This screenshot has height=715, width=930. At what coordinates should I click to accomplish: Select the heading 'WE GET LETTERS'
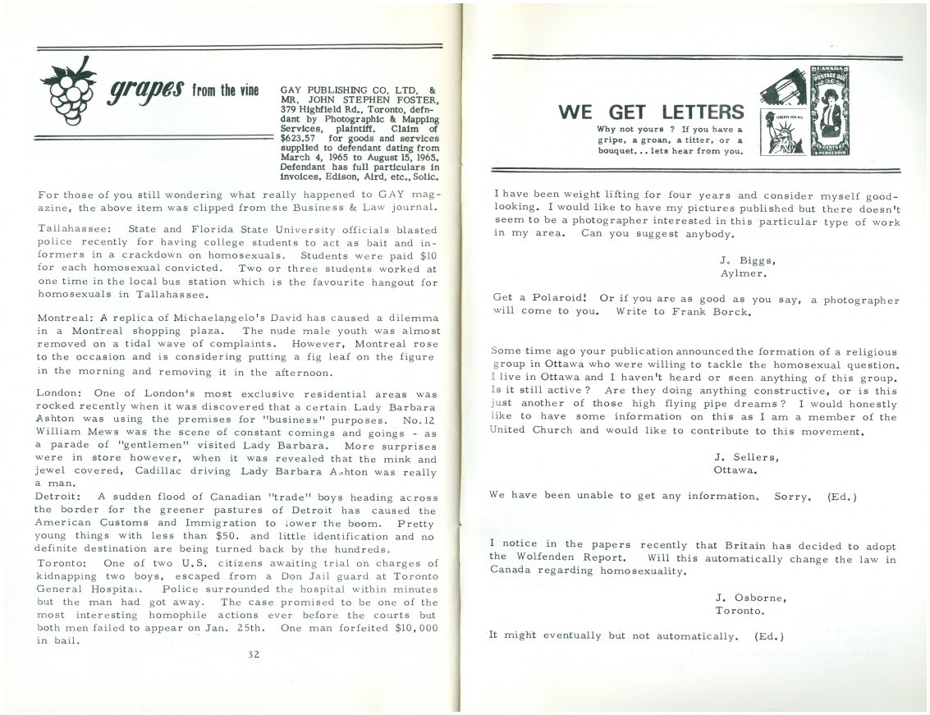[x=651, y=112]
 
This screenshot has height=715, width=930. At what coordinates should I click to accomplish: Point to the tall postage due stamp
[x=829, y=111]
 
